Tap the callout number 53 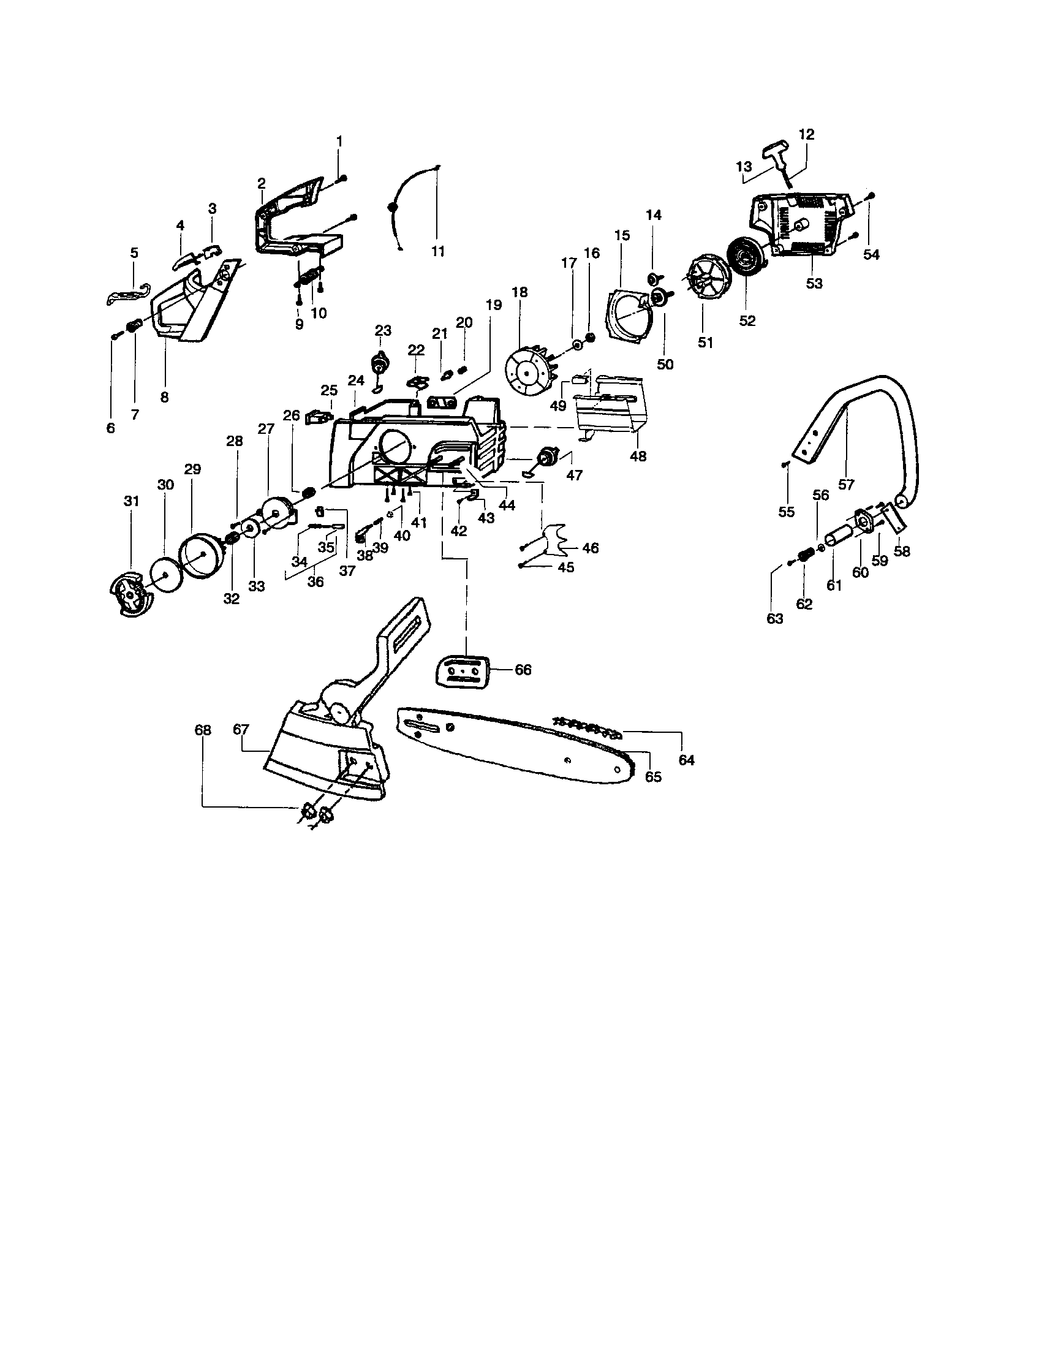tap(814, 283)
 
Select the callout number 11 tap(437, 251)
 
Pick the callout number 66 tap(523, 670)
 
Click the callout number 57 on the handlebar tap(846, 485)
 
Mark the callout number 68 tap(202, 730)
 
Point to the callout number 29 tap(192, 469)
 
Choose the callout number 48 tap(638, 456)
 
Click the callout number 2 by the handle tap(262, 183)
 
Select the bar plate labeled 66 tap(462, 670)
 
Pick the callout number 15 tap(622, 235)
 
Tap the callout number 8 tap(164, 398)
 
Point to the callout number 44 tap(507, 505)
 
